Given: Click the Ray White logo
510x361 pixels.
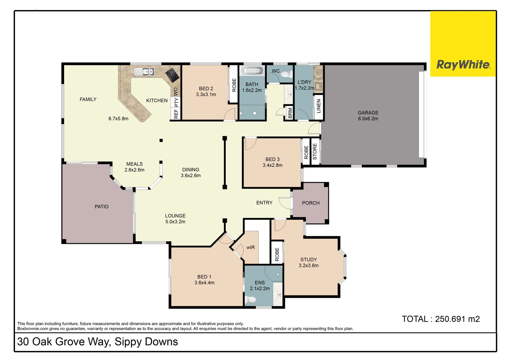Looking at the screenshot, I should [x=463, y=64].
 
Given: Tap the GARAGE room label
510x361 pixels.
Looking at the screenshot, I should [x=368, y=113].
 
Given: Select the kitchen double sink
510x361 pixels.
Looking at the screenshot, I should [x=144, y=71].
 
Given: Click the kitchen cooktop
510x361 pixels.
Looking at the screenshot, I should [x=173, y=75].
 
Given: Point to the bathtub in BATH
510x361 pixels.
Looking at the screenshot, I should [x=252, y=71].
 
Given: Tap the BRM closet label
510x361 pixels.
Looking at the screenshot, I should [x=290, y=113].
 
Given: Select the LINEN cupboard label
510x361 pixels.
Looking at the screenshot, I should [x=318, y=106].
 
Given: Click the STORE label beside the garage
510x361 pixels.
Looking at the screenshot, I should [x=314, y=151].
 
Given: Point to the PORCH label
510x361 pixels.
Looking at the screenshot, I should [x=310, y=203].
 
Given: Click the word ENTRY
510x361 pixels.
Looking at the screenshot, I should [x=264, y=203].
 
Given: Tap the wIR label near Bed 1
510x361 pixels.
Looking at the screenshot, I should [x=250, y=247].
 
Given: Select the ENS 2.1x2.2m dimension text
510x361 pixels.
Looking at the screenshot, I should [x=260, y=288].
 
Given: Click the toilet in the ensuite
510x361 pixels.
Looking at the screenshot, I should [x=250, y=300].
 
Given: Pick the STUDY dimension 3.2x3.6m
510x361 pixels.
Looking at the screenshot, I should [x=308, y=265].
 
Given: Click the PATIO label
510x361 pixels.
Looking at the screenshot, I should [x=101, y=207].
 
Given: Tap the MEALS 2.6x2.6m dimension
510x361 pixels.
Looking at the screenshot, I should [x=134, y=170].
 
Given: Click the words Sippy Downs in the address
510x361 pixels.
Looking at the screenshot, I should [x=146, y=342].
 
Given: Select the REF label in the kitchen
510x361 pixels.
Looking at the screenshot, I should [x=176, y=114].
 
